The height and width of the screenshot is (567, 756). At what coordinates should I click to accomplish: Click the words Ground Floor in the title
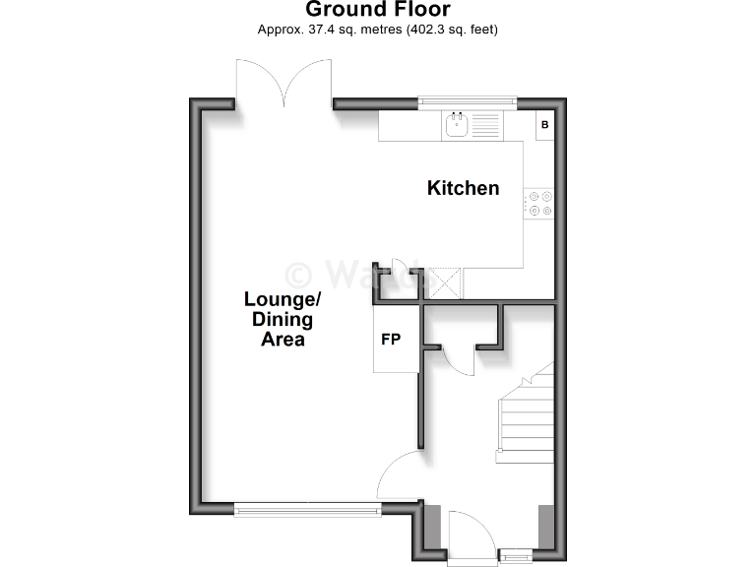(378, 10)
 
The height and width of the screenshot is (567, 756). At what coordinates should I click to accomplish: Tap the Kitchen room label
(463, 188)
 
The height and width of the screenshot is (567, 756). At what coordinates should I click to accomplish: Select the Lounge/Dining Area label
(283, 319)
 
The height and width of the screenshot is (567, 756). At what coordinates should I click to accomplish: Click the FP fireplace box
(391, 340)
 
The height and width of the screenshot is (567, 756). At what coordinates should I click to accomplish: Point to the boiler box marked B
(544, 125)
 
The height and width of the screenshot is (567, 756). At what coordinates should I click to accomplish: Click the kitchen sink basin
(457, 125)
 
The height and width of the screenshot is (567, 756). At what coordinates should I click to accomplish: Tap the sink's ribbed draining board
(486, 125)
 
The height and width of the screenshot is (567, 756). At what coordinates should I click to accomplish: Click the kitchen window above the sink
(468, 99)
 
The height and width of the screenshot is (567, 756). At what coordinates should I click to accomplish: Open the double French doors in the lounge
(283, 84)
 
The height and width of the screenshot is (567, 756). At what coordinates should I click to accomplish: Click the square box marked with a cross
(447, 283)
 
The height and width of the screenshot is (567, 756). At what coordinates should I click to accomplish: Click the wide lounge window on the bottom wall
(307, 509)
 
